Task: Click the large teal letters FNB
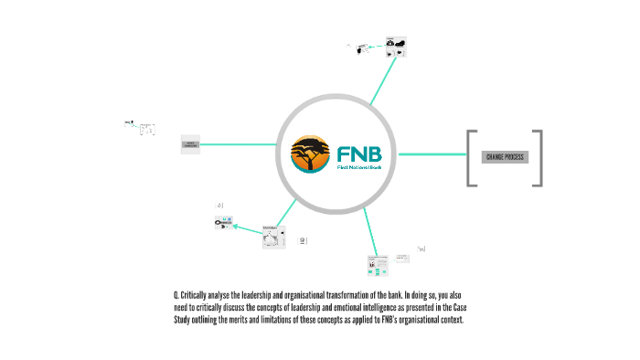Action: click(359, 150)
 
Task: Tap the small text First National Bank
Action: click(359, 169)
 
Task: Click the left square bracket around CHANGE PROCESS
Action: click(470, 158)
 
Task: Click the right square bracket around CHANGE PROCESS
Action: click(539, 158)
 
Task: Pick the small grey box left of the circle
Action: click(192, 144)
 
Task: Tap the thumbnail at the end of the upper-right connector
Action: click(395, 48)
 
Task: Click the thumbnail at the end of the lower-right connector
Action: click(378, 265)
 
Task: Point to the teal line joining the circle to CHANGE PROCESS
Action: click(430, 155)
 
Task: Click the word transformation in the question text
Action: click(360, 300)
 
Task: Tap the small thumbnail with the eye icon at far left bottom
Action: click(225, 222)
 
